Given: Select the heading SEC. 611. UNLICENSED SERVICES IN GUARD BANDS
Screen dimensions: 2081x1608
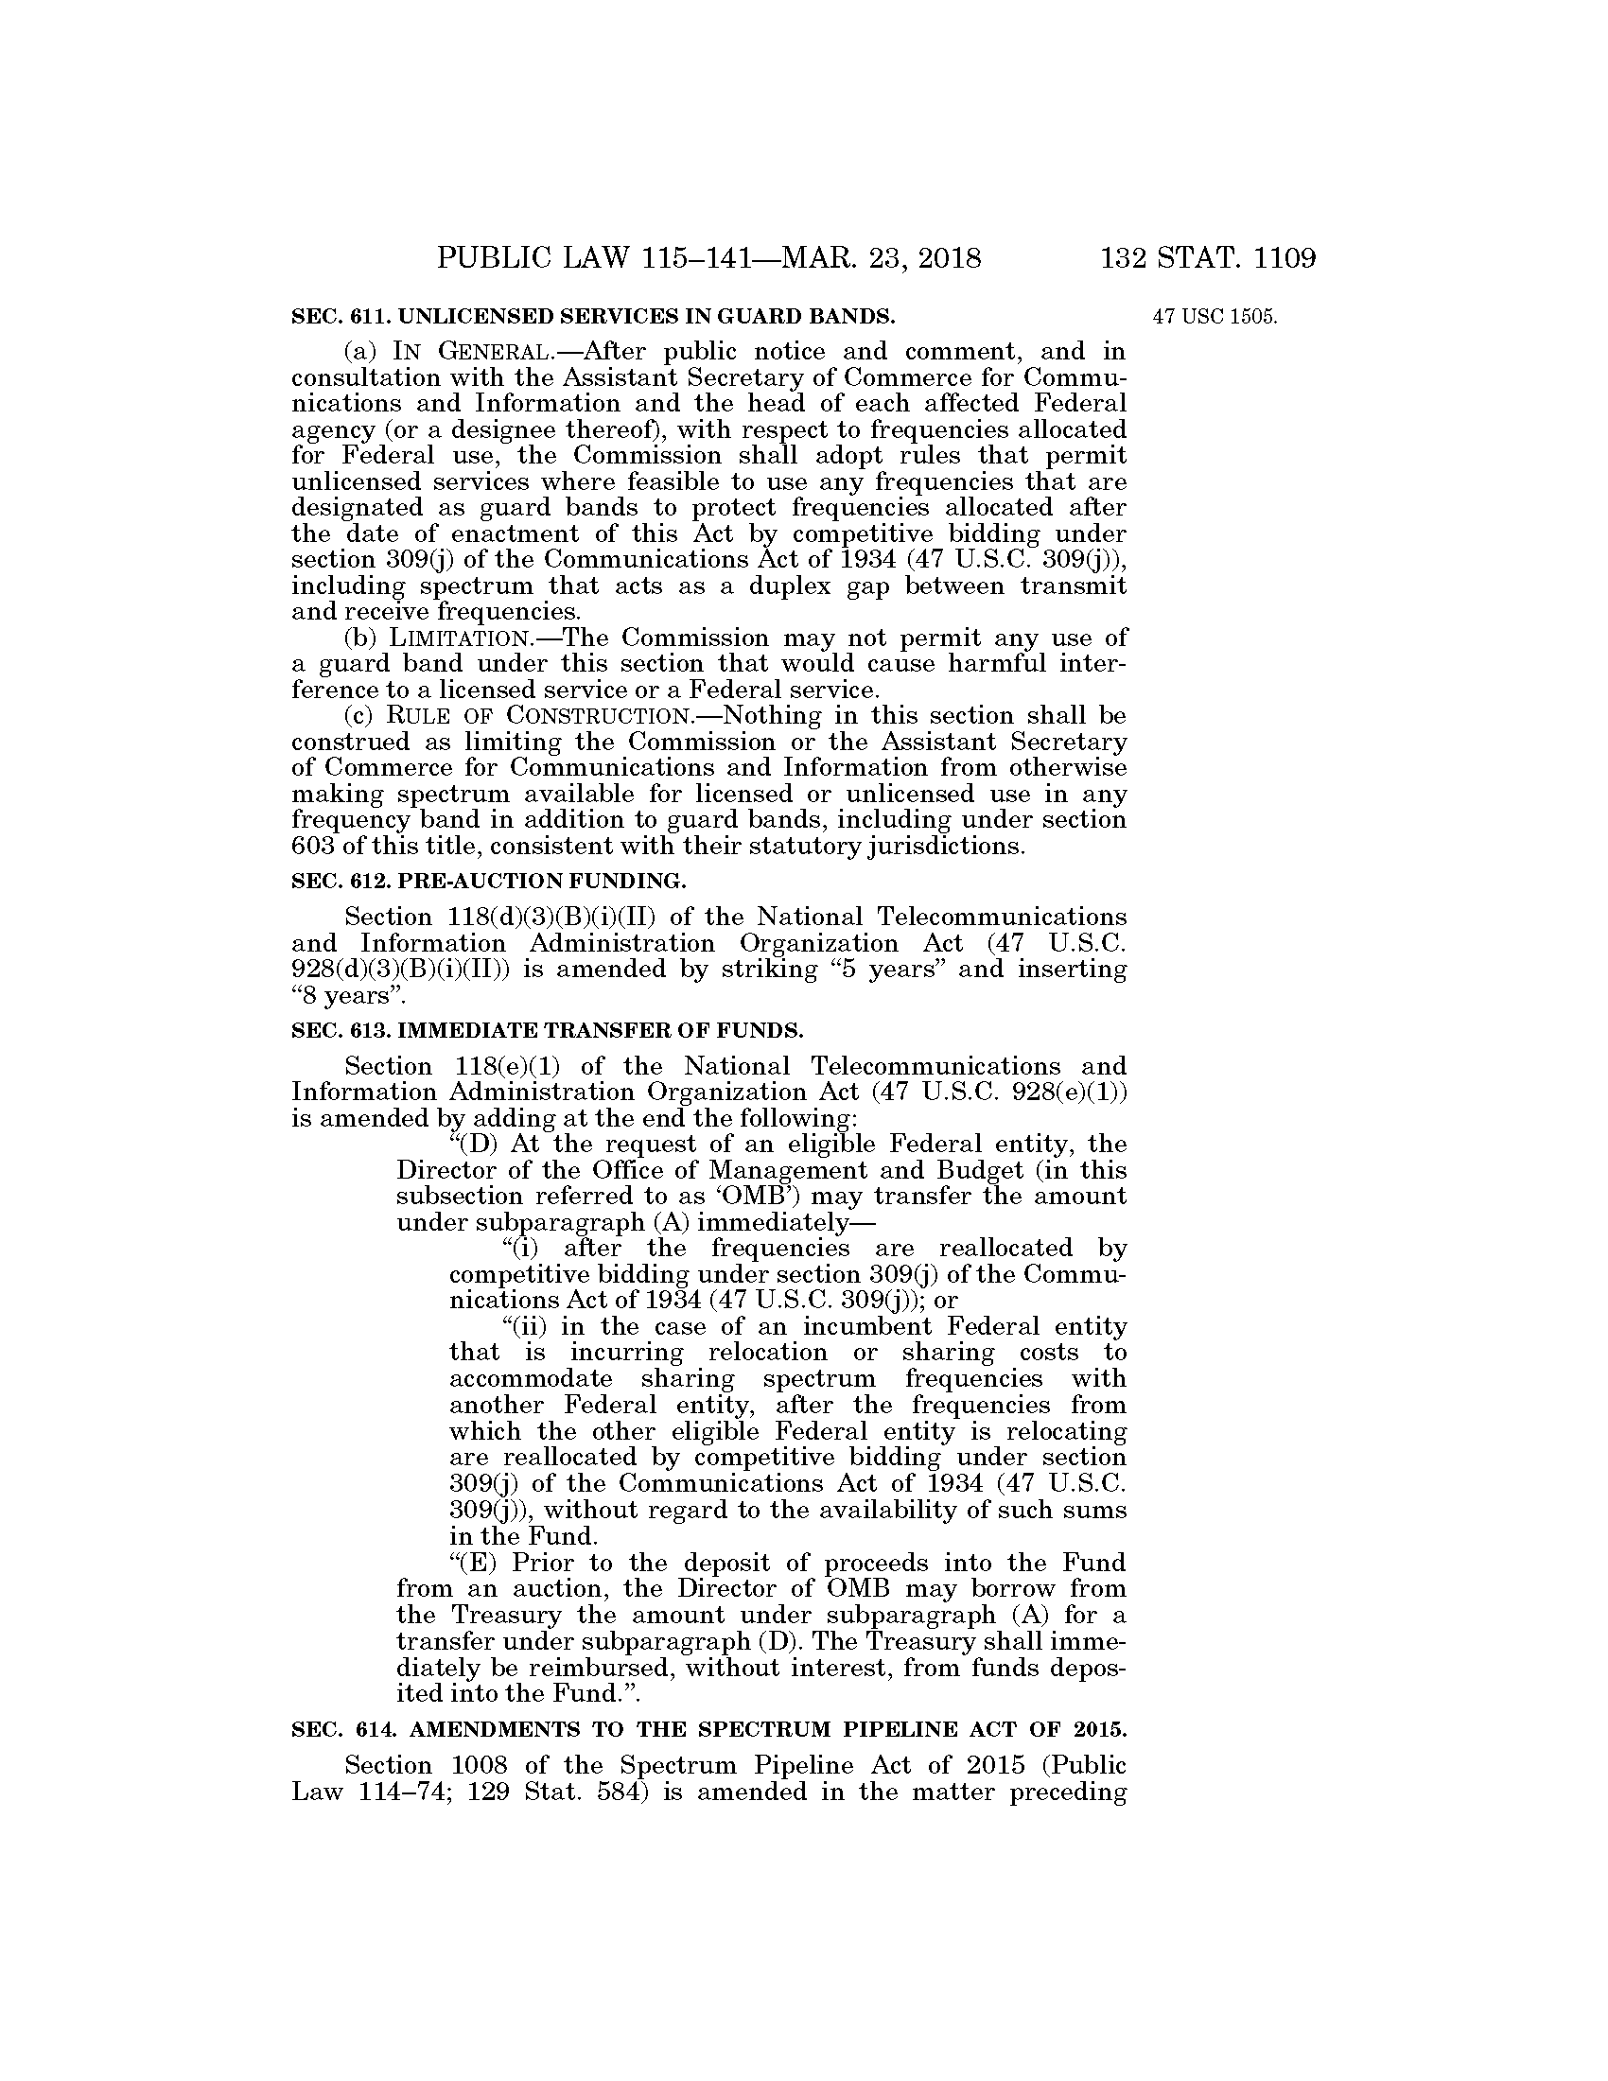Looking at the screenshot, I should click(x=592, y=315).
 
